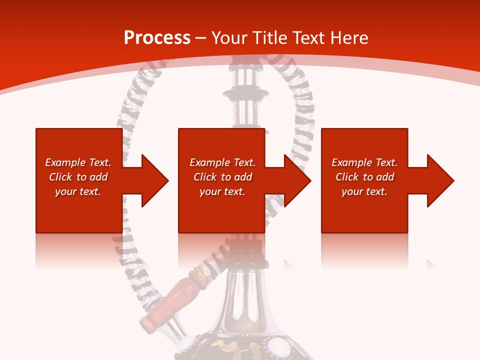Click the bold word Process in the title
[157, 38]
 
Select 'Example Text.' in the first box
[78, 162]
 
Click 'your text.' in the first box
[78, 191]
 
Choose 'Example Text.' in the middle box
[222, 162]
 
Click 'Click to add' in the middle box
[222, 177]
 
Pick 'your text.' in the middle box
[222, 191]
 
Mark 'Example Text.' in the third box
[364, 162]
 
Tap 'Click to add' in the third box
[364, 177]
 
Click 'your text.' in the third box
[364, 191]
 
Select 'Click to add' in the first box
[78, 177]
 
